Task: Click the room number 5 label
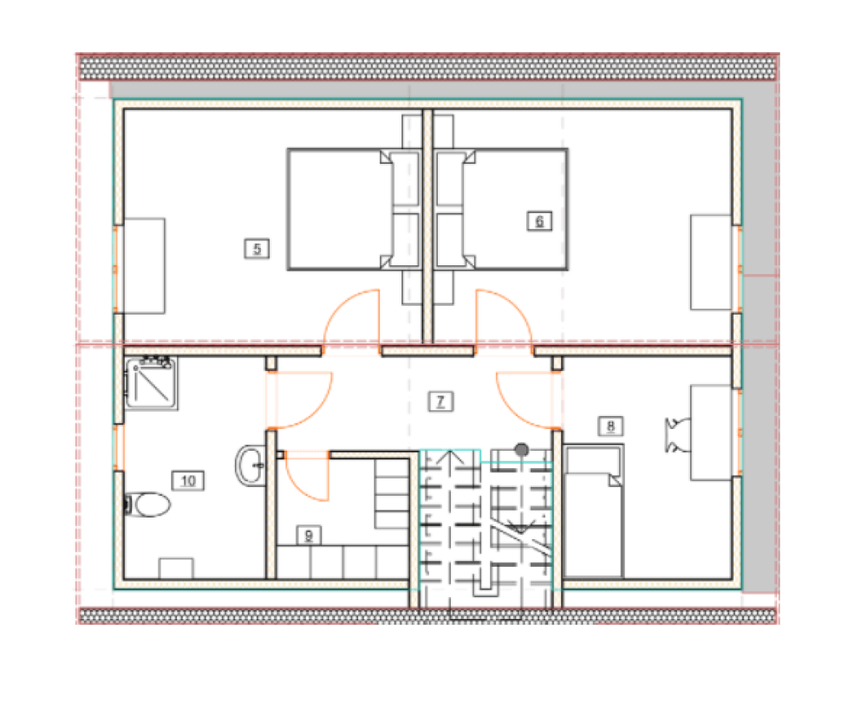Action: (257, 249)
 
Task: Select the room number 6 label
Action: (539, 221)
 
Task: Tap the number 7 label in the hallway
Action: (440, 401)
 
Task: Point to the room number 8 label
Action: (610, 426)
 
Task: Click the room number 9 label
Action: (309, 536)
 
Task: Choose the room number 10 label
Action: (188, 480)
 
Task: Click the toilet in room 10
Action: (148, 504)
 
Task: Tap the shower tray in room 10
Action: (151, 383)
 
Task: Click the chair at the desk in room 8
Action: (677, 435)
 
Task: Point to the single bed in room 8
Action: (593, 511)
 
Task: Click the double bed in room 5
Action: (354, 210)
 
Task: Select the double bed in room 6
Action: (500, 210)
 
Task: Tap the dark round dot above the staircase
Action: (521, 450)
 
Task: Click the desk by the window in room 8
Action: (712, 433)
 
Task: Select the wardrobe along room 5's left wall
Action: (144, 266)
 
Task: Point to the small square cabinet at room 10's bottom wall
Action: (176, 568)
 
